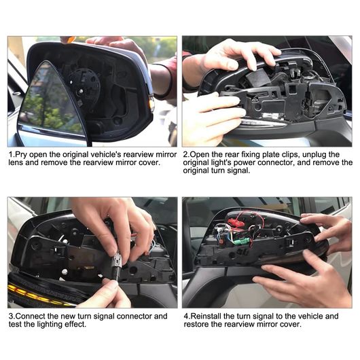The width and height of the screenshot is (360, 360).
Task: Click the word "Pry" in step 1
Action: pos(21,155)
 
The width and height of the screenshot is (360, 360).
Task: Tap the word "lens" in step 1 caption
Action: pos(16,162)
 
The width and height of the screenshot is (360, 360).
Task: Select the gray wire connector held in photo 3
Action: pos(117,264)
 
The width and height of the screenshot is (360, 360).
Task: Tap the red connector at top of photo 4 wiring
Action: pos(236,221)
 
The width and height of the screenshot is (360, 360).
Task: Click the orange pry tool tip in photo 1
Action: pos(69,39)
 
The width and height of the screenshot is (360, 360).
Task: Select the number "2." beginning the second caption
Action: pos(186,154)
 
